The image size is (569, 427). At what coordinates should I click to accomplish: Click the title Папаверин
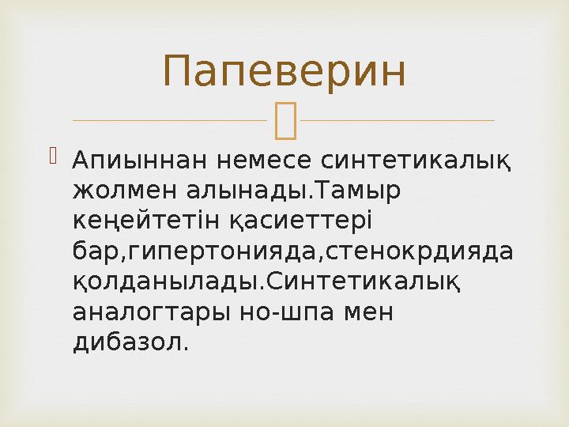(284, 71)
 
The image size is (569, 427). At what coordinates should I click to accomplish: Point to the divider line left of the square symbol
(169, 121)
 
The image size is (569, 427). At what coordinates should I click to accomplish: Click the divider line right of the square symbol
(398, 121)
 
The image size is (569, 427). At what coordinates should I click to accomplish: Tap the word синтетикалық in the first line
(415, 162)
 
